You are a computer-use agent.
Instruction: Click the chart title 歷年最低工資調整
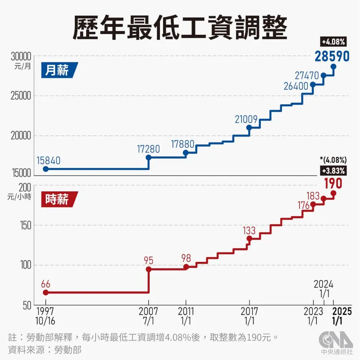tap(180, 27)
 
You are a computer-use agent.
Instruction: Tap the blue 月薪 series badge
tap(58, 71)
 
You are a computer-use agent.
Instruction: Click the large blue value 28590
tap(332, 56)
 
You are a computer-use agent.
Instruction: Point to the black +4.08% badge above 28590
tap(333, 41)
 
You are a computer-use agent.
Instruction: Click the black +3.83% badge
tap(333, 170)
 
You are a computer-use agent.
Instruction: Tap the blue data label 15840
tap(47, 160)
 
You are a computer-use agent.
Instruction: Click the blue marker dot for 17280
tap(148, 158)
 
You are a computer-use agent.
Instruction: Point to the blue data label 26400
tap(296, 86)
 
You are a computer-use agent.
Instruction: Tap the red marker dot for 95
tap(148, 269)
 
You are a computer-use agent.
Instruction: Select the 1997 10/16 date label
tap(46, 314)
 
